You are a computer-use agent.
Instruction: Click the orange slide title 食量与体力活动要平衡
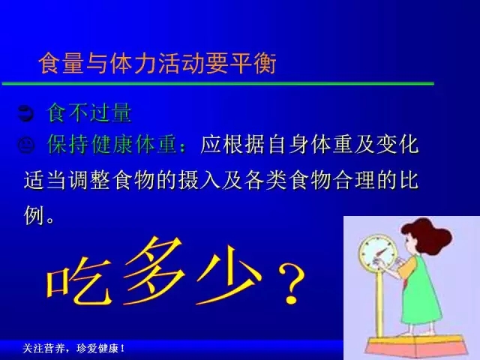pos(157,63)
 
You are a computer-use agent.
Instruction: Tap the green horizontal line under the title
pos(218,83)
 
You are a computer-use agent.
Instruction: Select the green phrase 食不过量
pos(89,112)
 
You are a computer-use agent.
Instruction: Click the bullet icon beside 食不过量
pos(25,113)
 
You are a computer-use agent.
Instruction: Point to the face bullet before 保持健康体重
pos(26,145)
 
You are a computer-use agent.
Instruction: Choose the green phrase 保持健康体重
pos(112,144)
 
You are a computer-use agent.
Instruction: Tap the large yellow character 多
pos(154,271)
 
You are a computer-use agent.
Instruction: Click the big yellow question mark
pos(292,283)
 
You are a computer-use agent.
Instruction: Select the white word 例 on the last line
pos(34,215)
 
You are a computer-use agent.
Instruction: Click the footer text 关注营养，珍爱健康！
pos(73,348)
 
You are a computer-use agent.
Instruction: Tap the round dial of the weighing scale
pos(378,252)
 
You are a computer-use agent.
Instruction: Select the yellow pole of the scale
pos(379,302)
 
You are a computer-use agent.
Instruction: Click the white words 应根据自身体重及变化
pos(309,144)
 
